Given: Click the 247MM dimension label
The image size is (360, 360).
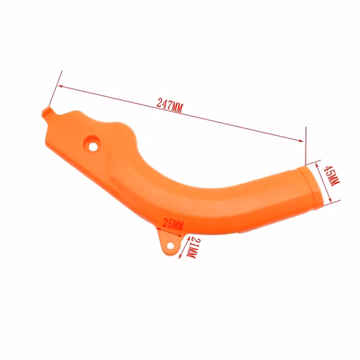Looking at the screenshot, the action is point(170,105).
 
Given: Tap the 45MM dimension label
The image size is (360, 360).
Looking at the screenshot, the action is point(331,176).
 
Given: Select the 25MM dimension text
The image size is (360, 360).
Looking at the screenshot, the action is point(173,224).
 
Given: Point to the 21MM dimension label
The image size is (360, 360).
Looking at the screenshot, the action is point(193,247).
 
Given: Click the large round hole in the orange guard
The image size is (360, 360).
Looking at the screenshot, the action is point(93,147).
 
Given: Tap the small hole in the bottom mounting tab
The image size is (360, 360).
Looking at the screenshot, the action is point(170,246).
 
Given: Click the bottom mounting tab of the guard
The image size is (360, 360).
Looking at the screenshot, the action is point(170,242).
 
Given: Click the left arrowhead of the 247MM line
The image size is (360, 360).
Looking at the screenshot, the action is point(61,86).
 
